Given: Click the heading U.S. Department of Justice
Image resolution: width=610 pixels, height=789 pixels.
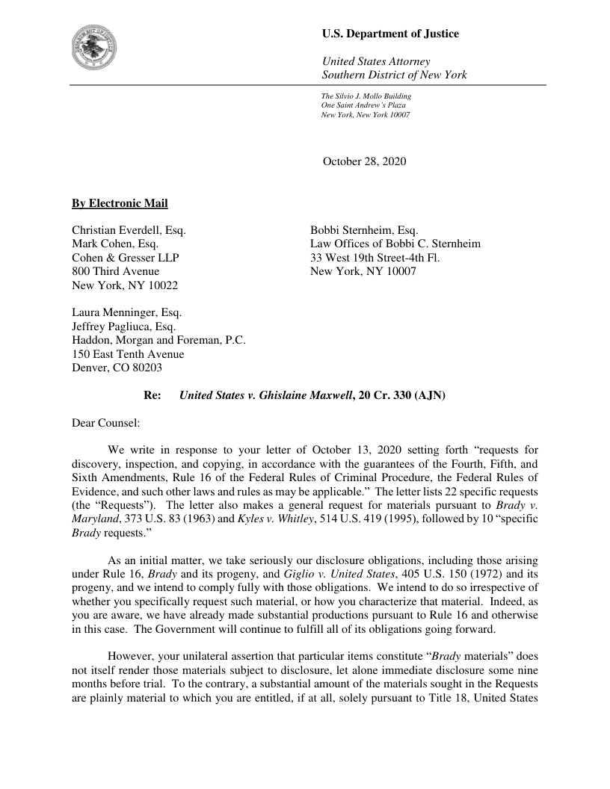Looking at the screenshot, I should tap(390, 34).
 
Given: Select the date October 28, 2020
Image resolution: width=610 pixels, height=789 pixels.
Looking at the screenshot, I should tap(364, 161).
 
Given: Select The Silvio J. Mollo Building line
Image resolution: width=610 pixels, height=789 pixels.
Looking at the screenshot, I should tap(366, 96).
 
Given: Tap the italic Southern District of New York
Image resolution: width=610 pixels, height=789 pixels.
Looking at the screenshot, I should tap(394, 75).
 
